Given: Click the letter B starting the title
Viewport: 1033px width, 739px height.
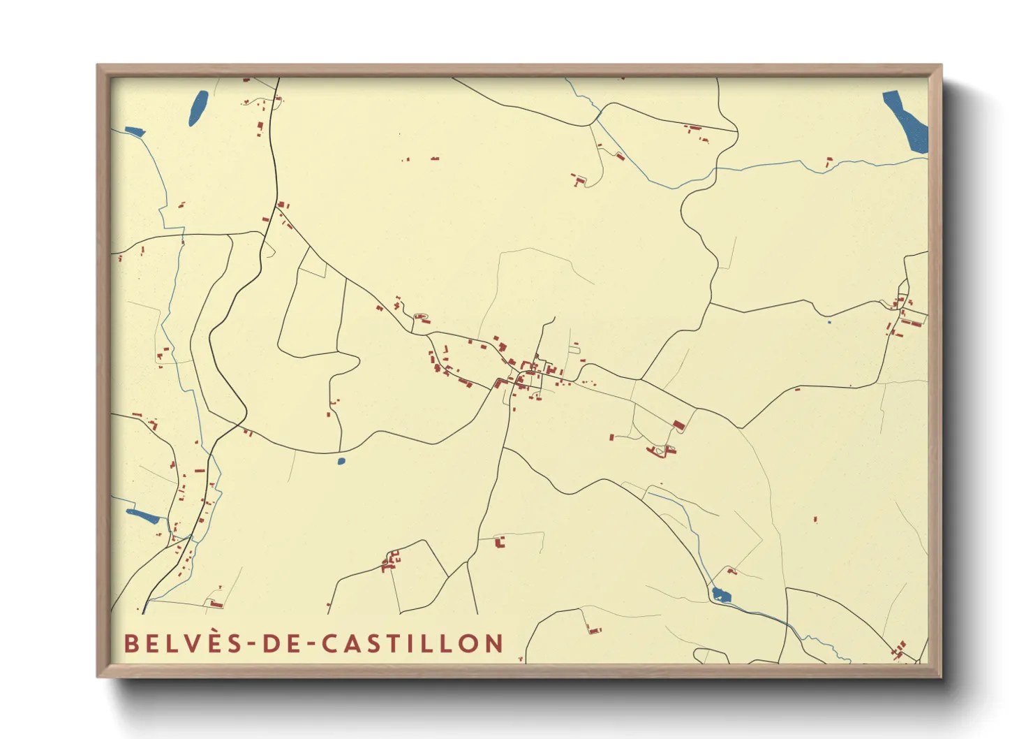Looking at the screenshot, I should (x=130, y=643).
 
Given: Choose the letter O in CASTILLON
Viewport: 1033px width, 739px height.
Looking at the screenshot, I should (x=469, y=643).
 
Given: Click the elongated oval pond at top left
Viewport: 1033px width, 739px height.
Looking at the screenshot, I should (x=198, y=108).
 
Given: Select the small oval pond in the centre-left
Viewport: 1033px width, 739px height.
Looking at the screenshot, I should (x=341, y=461).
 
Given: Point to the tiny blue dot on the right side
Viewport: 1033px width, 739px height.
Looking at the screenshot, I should (x=828, y=322).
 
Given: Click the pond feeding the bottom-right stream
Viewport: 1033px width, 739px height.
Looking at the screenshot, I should (x=720, y=595).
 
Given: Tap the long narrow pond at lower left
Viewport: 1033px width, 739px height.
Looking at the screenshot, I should (x=143, y=516).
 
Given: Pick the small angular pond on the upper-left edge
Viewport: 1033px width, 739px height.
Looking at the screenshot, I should (x=134, y=131).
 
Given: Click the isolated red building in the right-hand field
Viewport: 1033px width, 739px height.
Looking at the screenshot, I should (x=815, y=519).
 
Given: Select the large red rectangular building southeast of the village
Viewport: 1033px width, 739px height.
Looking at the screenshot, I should (x=678, y=425).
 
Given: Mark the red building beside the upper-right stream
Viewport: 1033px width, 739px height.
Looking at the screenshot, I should (x=829, y=162).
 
